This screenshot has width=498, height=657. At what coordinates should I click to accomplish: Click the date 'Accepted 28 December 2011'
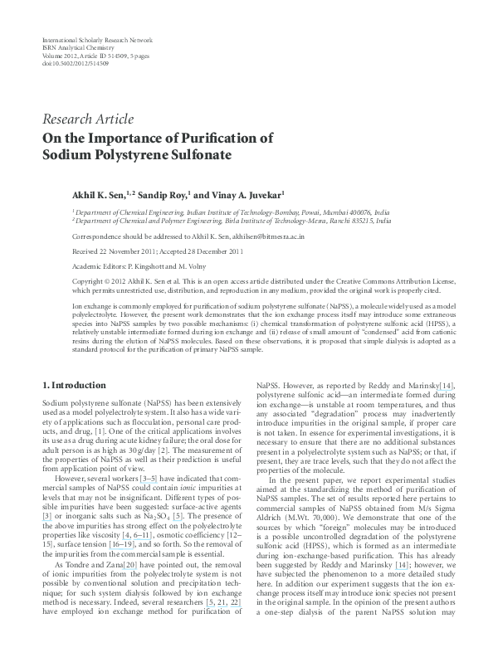point(202,250)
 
